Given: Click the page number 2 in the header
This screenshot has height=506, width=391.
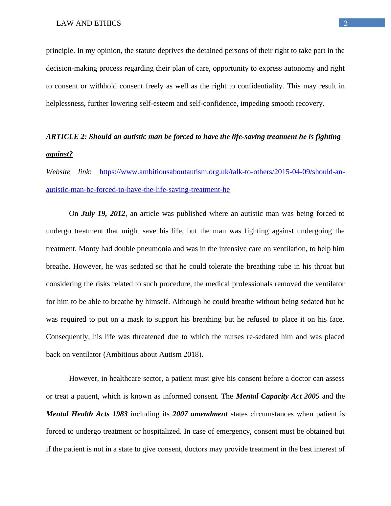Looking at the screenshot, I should click(345, 23).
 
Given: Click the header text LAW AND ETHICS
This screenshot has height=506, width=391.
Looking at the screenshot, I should click(89, 23).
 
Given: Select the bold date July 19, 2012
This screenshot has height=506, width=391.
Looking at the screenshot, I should click(103, 214).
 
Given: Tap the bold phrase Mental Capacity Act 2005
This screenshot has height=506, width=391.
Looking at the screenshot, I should click(278, 396).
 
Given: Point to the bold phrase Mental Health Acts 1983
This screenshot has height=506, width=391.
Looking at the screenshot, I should click(87, 414).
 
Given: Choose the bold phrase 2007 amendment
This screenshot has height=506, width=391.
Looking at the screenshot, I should click(200, 414).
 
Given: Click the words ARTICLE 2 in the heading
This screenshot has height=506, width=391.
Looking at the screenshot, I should click(66, 137).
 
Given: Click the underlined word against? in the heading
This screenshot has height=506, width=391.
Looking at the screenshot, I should click(59, 154).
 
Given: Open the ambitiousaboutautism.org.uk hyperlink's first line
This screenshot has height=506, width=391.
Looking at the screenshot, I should click(222, 172).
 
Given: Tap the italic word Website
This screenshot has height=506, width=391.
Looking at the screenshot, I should click(58, 172).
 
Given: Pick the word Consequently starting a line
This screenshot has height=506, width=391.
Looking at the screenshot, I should click(67, 337).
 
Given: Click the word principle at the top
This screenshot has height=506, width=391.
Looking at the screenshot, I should click(59, 51).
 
